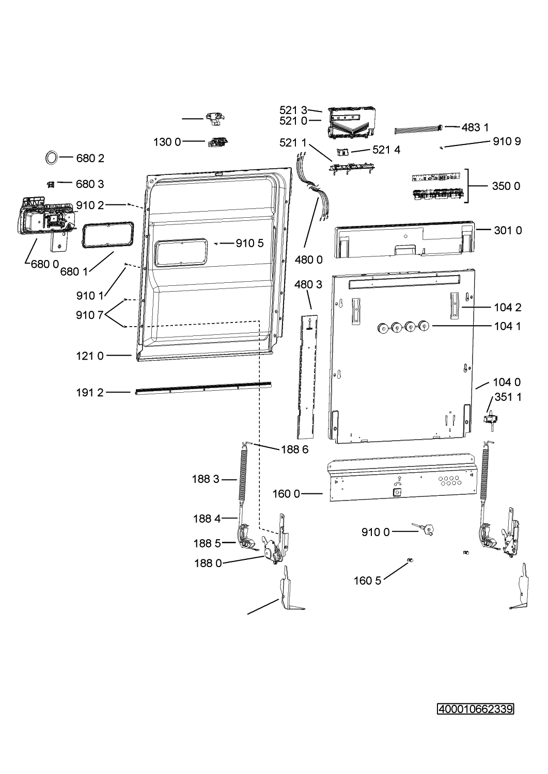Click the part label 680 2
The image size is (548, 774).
[x=90, y=158]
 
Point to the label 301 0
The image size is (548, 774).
[x=508, y=230]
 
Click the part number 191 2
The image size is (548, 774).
[x=90, y=393]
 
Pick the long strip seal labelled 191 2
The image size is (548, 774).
[x=203, y=389]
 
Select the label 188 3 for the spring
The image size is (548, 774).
[x=206, y=479]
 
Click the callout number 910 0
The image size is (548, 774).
[x=375, y=532]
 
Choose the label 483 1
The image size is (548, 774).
[x=475, y=127]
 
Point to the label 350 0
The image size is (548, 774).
[x=506, y=186]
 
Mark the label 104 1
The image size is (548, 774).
[x=508, y=326]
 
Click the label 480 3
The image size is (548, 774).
[x=308, y=284]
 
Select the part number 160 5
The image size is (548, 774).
[x=367, y=580]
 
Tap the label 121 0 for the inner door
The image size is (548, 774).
[x=90, y=356]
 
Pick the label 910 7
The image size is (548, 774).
[x=89, y=315]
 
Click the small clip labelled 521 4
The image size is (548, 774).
[x=342, y=152]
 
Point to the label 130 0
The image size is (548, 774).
[x=167, y=142]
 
